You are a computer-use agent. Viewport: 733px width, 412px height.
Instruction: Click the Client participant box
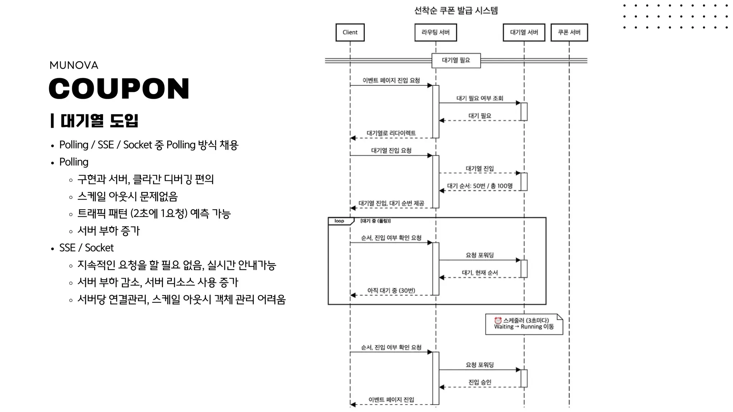coord(350,33)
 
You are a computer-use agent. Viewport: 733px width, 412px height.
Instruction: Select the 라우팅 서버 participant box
coord(435,33)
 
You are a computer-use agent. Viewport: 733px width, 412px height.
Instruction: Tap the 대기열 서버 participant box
coord(524,33)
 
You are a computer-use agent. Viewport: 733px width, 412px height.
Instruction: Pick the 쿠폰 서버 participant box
coord(569,33)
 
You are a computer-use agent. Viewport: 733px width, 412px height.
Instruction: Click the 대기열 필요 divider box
coord(456,60)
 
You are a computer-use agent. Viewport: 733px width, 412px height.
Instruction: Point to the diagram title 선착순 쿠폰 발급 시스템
coord(456,10)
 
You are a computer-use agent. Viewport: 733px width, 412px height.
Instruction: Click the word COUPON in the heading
coord(119,88)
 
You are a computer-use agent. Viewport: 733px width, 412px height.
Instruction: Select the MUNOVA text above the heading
coord(74,65)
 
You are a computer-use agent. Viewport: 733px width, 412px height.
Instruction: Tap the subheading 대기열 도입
coord(99,121)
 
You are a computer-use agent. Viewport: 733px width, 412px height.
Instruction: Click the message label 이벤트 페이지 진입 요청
coord(391,80)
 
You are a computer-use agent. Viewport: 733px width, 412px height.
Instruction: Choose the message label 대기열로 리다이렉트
coord(391,133)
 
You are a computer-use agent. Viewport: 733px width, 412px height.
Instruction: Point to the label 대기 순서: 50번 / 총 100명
coord(480,186)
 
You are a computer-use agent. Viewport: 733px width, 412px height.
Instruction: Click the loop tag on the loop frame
coord(339,221)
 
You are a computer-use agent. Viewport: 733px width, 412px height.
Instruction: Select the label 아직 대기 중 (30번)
coord(391,290)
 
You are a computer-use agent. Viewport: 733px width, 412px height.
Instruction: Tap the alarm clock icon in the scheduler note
coord(497,320)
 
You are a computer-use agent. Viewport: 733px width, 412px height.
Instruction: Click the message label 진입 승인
coord(480,382)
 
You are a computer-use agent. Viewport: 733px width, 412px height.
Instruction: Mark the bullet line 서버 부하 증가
coord(108,231)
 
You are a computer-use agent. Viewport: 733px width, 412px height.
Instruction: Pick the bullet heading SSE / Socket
coord(86,248)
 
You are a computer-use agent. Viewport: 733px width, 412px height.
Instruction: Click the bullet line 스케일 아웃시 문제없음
coord(127,196)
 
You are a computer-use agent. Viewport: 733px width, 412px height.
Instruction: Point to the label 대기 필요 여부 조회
coord(480,98)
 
